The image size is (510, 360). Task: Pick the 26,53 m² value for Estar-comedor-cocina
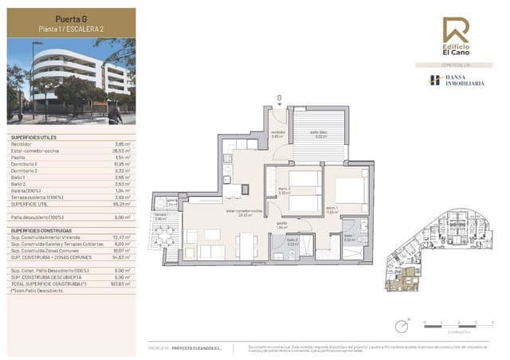pyautogui.click(x=122, y=149)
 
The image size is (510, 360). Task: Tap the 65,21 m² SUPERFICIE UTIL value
pyautogui.click(x=122, y=204)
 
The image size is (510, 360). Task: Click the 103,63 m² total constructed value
pyautogui.click(x=121, y=283)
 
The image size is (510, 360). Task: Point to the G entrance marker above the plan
pyautogui.click(x=279, y=98)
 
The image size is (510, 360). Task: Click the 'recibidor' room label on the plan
pyautogui.click(x=277, y=132)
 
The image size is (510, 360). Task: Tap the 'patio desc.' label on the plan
pyautogui.click(x=320, y=132)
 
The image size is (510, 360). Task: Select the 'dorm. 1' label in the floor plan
pyautogui.click(x=331, y=209)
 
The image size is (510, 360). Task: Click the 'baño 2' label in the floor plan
pyautogui.click(x=292, y=240)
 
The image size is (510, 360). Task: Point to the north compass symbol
pyautogui.click(x=403, y=323)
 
